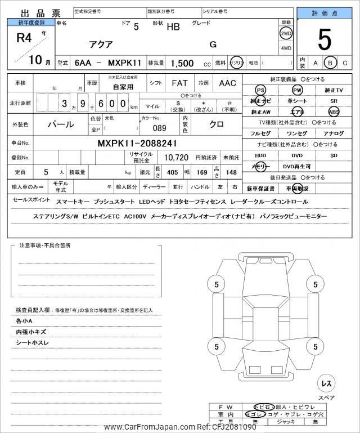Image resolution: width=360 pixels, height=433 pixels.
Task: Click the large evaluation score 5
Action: click(x=325, y=39)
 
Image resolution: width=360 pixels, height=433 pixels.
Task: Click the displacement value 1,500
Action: click(x=183, y=64)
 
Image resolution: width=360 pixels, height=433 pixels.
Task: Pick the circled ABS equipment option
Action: click(x=334, y=111)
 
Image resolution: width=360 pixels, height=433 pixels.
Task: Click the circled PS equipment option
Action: click(x=260, y=90)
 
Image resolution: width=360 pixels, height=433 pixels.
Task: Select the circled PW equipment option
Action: click(x=296, y=90)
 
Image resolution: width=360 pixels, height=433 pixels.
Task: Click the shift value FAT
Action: click(x=179, y=83)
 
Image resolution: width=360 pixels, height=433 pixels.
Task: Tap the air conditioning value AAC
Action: click(x=227, y=83)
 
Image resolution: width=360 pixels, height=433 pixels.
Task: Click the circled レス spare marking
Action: click(x=326, y=383)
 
